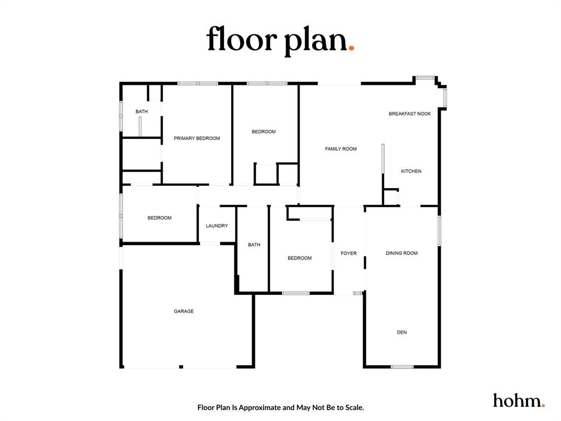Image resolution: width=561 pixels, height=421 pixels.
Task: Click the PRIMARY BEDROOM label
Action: coord(197,138)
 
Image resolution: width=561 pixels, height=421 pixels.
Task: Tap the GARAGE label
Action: coord(184,311)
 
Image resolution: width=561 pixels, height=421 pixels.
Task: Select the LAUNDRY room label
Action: coord(216,225)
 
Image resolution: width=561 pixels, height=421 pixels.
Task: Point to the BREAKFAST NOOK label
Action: coord(410,114)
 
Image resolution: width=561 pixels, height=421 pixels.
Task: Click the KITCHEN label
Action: coord(411,171)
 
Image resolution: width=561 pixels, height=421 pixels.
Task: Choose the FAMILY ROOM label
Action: coord(341,149)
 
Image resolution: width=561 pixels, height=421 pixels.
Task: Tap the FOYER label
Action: coord(348,253)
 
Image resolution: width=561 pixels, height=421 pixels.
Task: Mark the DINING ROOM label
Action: coord(402,253)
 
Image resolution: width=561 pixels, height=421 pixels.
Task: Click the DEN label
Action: coord(402,332)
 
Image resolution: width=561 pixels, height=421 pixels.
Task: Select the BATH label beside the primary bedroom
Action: coord(141,111)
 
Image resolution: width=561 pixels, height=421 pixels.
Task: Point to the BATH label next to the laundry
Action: coord(254,245)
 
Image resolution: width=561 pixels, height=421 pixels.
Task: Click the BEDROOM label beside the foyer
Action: coord(300,258)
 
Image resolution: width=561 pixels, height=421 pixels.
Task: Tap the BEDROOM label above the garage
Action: coord(159,218)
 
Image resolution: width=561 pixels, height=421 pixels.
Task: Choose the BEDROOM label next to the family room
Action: coord(264,132)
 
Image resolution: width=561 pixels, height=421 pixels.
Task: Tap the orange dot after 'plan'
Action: coord(351,48)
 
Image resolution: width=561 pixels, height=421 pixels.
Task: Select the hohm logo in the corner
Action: coord(518,400)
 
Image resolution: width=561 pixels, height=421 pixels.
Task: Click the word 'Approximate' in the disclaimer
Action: coord(260,407)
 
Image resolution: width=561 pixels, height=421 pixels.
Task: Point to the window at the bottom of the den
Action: coord(402,367)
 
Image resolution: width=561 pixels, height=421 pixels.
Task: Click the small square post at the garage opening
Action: coord(181,367)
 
